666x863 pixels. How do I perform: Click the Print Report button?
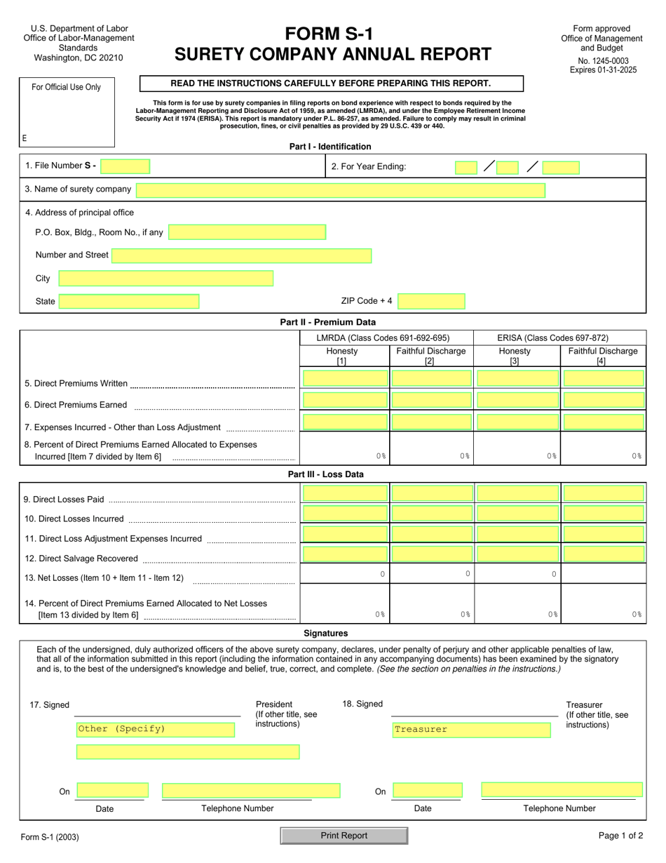344,836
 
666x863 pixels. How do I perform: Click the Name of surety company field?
341,189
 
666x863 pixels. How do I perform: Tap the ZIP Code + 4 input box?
431,302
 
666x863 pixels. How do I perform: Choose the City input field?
165,279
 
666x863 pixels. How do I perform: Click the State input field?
129,302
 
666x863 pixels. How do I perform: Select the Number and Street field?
241,255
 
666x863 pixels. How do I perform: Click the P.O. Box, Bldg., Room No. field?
247,232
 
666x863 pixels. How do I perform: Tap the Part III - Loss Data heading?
325,474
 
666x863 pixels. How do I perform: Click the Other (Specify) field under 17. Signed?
155,729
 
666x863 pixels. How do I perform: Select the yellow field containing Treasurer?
471,730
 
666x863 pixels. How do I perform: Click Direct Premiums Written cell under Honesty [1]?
344,379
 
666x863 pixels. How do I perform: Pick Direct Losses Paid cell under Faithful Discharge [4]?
603,493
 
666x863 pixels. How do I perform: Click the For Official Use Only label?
67,87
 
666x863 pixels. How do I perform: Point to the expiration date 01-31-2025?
603,70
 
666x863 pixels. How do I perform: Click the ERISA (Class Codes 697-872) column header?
552,337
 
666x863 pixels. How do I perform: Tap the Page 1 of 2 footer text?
620,836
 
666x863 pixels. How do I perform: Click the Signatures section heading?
325,633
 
